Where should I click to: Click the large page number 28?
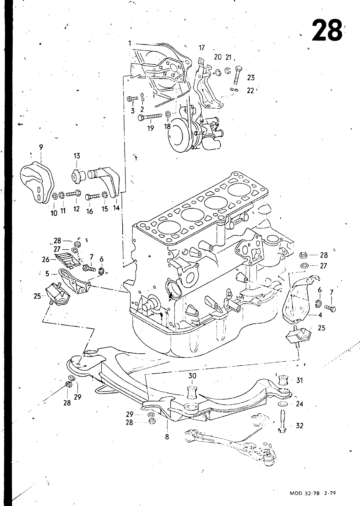click(x=327, y=30)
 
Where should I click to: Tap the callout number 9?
click(x=41, y=147)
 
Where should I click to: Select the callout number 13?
click(x=76, y=155)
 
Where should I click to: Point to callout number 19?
click(x=150, y=128)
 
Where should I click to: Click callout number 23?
click(x=251, y=78)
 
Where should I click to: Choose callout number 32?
click(x=299, y=426)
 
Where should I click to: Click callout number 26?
click(x=46, y=259)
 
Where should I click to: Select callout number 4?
click(x=320, y=315)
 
